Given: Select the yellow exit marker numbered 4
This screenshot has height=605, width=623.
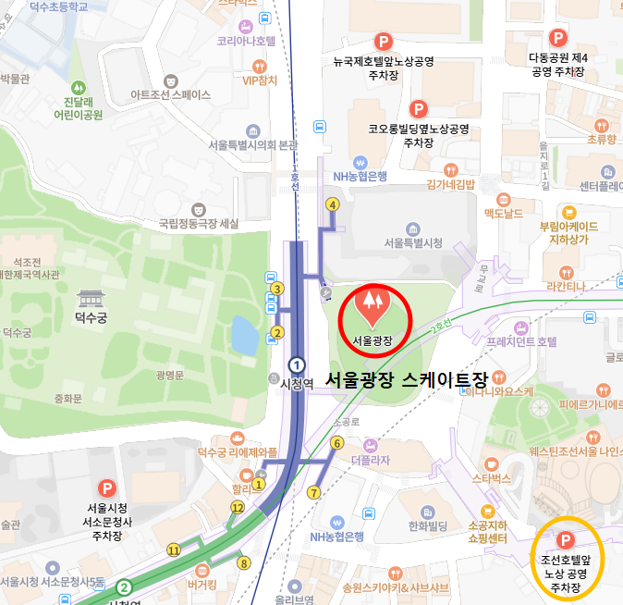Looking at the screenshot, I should click(x=332, y=204).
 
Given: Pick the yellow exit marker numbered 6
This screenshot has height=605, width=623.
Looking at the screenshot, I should click(x=336, y=443).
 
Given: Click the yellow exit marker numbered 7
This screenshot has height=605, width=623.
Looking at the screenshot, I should click(x=314, y=493).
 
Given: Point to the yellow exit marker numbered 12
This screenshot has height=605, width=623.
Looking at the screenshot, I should click(x=238, y=507).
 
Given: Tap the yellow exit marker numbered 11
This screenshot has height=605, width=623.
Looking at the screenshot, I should click(x=173, y=550).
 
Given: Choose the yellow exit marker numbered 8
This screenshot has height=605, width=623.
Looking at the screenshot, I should click(x=244, y=562).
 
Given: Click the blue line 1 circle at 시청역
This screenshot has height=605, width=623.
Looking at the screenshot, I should click(x=297, y=364).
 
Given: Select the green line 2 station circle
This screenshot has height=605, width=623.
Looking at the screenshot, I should click(x=124, y=586).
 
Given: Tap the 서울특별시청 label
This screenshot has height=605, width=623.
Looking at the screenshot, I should click(x=413, y=242).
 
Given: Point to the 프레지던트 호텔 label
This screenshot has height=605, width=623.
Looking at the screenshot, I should click(x=521, y=341).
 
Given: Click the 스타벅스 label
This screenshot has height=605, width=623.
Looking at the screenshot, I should click(x=492, y=478).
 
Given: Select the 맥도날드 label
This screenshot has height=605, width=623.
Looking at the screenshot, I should click(x=504, y=213).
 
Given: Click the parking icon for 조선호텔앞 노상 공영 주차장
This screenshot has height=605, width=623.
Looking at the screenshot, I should click(x=563, y=539).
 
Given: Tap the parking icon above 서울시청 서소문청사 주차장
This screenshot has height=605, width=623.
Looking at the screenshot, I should click(x=107, y=488).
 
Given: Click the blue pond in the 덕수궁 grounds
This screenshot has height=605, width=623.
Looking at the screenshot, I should click(x=245, y=335).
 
